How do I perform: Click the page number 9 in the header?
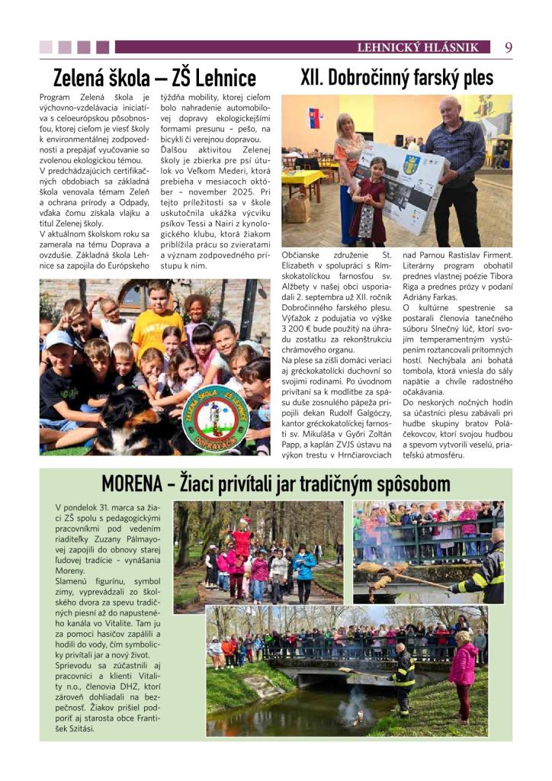pos(508,47)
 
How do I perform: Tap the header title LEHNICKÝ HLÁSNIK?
pos(418,48)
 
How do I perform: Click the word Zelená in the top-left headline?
pos(85,78)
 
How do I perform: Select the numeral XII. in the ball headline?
pos(316,78)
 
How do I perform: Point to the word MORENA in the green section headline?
pos(133,484)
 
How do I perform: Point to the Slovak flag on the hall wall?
pos(314,118)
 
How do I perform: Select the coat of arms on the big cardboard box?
pos(411,164)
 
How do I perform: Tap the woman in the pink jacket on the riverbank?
pos(462,673)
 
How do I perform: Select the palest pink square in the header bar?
pos(46,47)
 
